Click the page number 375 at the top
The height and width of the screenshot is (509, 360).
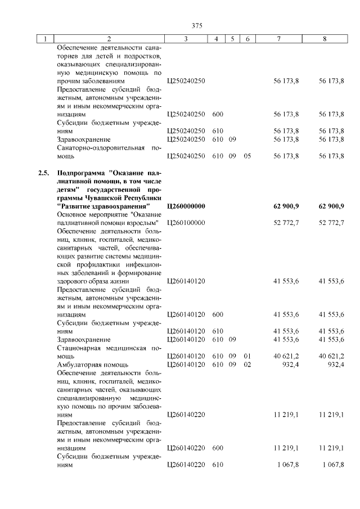[x=196, y=25]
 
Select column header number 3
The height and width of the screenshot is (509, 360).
[x=185, y=39]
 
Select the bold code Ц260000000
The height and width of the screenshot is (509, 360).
[x=186, y=206]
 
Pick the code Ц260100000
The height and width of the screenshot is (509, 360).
[x=186, y=223]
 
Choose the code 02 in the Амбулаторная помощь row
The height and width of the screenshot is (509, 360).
[x=247, y=364]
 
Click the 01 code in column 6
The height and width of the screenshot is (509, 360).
[x=247, y=356]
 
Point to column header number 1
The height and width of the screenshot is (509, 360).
[x=43, y=39]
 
